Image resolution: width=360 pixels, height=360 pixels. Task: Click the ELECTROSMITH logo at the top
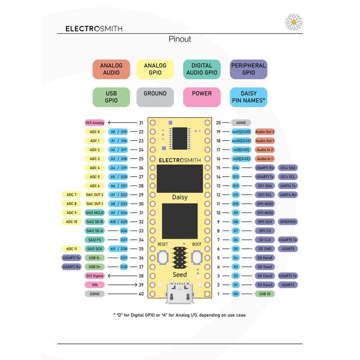click(94, 29)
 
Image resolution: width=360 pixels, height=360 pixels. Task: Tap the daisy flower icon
click(293, 22)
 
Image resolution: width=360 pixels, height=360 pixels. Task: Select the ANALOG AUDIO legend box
click(111, 69)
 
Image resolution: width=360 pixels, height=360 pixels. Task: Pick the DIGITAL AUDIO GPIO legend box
click(202, 69)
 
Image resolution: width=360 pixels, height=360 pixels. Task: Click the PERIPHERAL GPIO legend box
click(248, 69)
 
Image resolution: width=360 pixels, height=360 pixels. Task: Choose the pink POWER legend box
click(202, 97)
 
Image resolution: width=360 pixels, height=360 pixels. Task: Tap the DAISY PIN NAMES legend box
click(248, 97)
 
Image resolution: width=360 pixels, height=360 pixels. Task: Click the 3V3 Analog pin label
click(95, 123)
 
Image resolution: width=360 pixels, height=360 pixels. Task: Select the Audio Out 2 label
click(265, 132)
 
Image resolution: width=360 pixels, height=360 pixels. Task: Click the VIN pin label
click(95, 284)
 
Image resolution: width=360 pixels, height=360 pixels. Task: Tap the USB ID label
click(265, 294)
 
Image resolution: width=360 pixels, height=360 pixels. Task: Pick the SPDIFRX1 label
click(289, 222)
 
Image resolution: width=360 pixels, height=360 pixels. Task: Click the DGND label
click(95, 294)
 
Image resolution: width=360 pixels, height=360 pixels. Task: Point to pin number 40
click(141, 294)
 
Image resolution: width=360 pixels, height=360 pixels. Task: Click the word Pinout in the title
click(180, 39)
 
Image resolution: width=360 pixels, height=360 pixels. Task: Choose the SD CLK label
click(265, 240)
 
